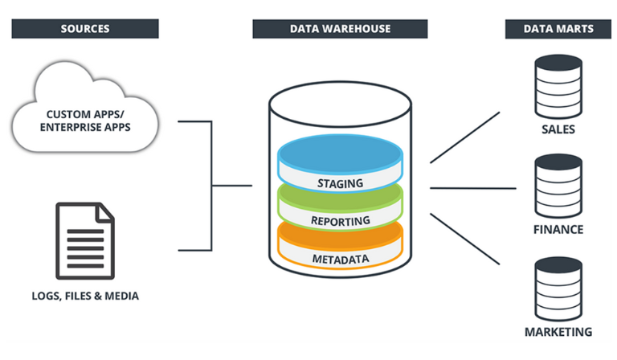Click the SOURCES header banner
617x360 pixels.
coord(84,29)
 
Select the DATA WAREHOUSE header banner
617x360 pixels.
coord(340,29)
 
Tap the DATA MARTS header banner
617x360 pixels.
coord(560,29)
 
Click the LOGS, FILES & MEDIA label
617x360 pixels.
coord(84,296)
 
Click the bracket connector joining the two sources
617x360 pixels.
coord(211,186)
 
